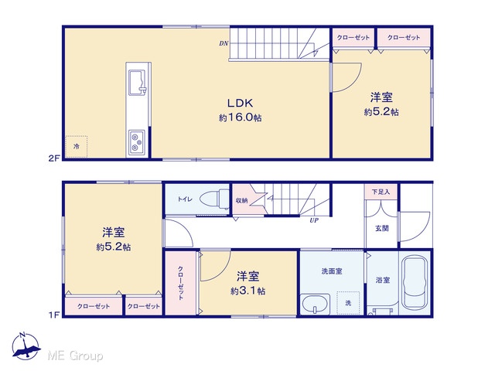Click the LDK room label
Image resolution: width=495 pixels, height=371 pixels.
pos(240,103)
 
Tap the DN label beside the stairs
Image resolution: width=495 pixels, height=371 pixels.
pos(224,43)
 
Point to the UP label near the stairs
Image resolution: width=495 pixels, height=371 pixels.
pos(314,220)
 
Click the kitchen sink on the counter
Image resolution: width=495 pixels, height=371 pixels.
pos(138,82)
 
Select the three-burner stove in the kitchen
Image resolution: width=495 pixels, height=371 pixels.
pos(137,143)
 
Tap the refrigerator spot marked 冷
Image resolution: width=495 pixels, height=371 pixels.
pos(76,147)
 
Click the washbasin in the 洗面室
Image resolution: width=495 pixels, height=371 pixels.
pos(315,305)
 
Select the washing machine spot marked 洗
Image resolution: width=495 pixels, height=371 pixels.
pos(348,303)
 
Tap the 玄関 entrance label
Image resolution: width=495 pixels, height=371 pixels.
pos(381,228)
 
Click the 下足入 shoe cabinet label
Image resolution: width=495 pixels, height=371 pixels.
pos(381,192)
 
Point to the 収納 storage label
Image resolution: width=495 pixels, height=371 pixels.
pos(241,201)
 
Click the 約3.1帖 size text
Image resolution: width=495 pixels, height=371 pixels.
pos(247,291)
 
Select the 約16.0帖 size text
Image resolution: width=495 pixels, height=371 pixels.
pos(241,117)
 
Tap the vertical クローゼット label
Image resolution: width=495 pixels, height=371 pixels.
pos(180,283)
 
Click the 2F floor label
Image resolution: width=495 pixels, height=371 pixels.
pos(54,158)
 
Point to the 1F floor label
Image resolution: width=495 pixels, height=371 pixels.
pos(54,315)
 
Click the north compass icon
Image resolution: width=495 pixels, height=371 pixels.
pos(26,346)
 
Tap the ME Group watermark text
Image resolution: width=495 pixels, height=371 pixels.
pos(75,356)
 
